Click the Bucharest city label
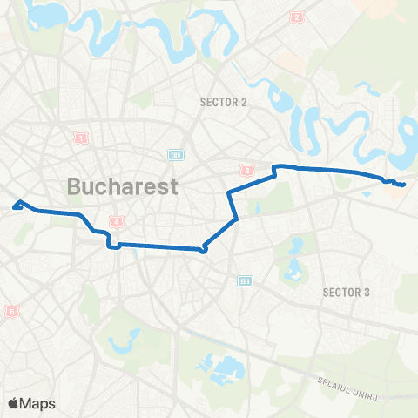(x=123, y=185)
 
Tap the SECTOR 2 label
(x=224, y=102)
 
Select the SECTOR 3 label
(x=346, y=291)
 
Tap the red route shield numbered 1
(x=81, y=138)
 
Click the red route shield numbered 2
(x=298, y=17)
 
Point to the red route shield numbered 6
(x=11, y=311)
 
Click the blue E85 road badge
(x=176, y=155)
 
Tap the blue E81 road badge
(x=245, y=280)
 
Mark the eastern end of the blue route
(x=404, y=184)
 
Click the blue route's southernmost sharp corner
(x=204, y=251)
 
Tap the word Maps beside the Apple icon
(x=40, y=403)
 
